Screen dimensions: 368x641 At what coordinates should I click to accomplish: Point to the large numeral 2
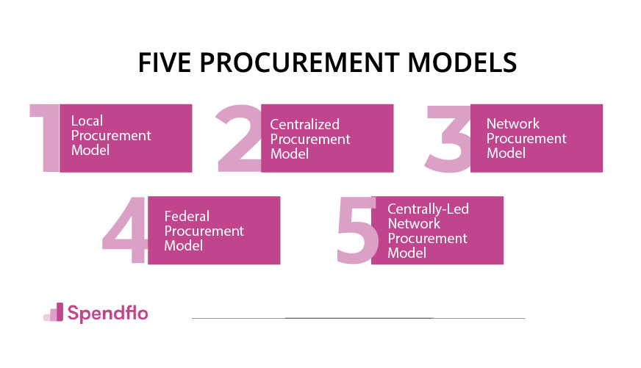tap(238, 138)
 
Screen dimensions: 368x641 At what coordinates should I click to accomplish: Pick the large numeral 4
tap(125, 231)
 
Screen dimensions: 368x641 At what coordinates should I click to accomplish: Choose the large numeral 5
tap(356, 231)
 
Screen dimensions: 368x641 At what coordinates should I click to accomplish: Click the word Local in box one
tap(87, 121)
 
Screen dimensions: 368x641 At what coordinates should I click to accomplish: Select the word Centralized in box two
tap(304, 125)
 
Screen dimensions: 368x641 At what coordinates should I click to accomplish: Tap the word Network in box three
tap(513, 123)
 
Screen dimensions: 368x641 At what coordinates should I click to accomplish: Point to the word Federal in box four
tap(187, 216)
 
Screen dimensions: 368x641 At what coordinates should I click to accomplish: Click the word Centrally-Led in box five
tap(428, 209)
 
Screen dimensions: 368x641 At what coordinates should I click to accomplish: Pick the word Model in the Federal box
tap(183, 245)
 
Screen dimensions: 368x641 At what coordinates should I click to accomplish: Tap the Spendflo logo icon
tap(54, 312)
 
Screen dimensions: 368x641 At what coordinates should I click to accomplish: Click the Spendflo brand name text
tap(107, 313)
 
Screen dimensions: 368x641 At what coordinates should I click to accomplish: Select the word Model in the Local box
tap(90, 150)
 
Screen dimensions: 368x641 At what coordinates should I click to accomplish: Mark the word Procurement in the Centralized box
tap(310, 140)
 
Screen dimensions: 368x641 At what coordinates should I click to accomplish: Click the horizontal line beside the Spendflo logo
tap(359, 318)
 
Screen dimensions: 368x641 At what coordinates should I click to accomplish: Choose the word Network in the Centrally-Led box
tap(414, 223)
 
